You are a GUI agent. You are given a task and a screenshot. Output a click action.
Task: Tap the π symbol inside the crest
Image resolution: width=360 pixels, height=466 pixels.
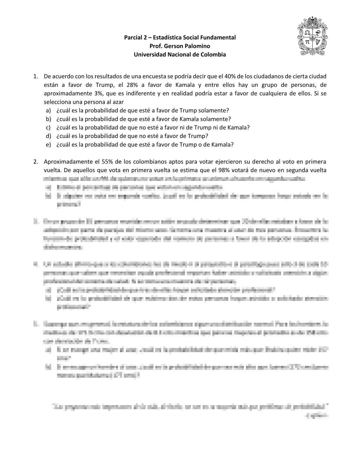coord(307,42)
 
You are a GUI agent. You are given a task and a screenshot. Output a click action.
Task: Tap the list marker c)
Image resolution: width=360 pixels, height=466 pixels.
coord(48,128)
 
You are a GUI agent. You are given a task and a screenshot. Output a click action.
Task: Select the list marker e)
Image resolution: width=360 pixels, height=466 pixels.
coord(48,145)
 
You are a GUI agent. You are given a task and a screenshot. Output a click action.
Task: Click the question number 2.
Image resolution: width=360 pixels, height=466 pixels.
coord(35,162)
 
